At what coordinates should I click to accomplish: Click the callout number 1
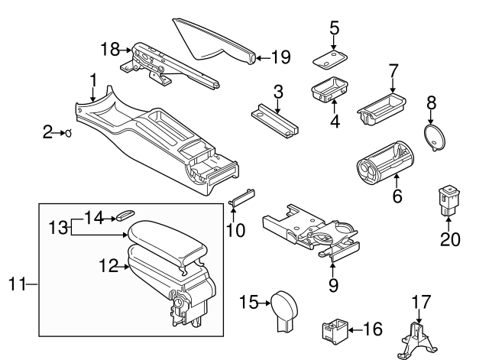[x=92, y=79]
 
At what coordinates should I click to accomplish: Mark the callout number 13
[x=58, y=227]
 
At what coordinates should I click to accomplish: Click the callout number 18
[x=109, y=50]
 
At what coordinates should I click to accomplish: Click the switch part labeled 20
[x=447, y=200]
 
